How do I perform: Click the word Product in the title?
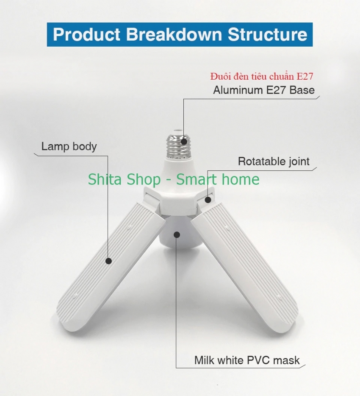[x=86, y=34]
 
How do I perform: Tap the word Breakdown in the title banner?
[x=174, y=34]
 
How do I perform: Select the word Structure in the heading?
[x=268, y=34]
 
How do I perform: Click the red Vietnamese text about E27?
[x=262, y=76]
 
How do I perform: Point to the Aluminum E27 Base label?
[x=264, y=90]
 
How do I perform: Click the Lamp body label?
[x=69, y=146]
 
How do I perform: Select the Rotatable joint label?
[x=274, y=162]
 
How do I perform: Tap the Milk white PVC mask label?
[x=247, y=360]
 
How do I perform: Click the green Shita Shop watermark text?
[x=174, y=179]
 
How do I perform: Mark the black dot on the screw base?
[x=184, y=142]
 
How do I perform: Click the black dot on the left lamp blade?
[x=108, y=261]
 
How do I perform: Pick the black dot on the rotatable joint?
[x=208, y=200]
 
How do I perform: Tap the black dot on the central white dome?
[x=177, y=235]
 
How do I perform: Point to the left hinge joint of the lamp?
[x=152, y=198]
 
